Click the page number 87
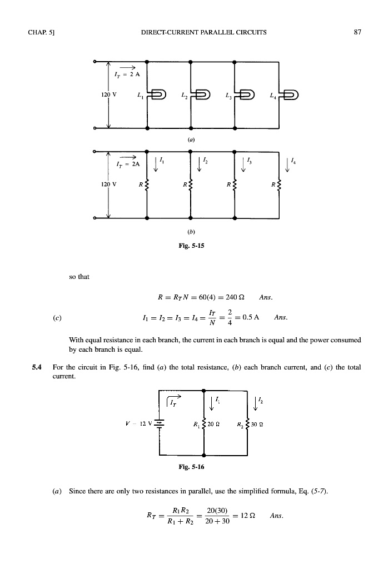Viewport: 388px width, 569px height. click(357, 32)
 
